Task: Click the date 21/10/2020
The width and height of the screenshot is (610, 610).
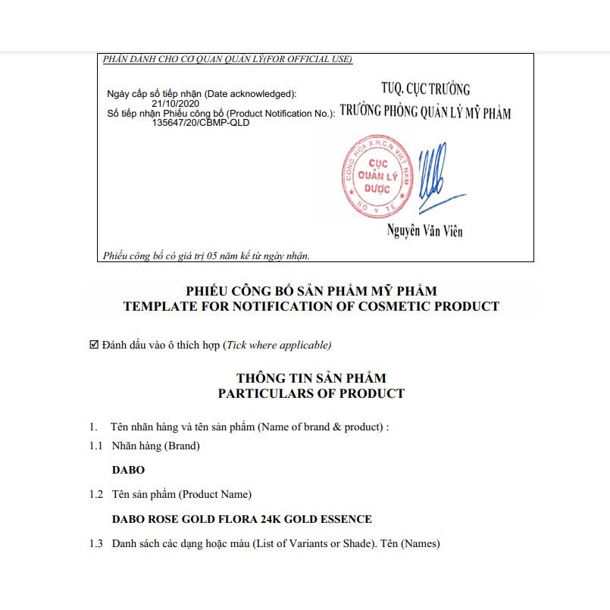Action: [176, 104]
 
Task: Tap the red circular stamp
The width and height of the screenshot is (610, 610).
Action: [377, 175]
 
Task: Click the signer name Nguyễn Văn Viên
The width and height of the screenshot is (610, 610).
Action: [424, 230]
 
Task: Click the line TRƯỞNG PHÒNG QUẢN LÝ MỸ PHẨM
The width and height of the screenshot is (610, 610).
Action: [425, 113]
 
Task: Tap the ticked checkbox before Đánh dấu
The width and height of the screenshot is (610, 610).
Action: [94, 345]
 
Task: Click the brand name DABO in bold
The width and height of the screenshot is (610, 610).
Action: [128, 471]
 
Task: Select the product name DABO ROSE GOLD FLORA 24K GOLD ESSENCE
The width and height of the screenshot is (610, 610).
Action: [242, 519]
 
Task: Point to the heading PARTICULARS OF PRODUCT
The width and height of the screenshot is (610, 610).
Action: [311, 394]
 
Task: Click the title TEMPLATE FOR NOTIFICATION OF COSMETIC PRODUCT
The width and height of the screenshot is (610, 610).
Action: [311, 307]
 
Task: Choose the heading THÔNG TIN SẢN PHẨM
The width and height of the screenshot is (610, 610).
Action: [311, 378]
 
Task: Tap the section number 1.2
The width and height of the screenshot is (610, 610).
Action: [95, 495]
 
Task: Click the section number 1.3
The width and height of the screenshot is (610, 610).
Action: [95, 543]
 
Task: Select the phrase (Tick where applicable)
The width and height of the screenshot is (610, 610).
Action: [277, 346]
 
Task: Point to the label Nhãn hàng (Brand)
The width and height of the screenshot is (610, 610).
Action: [155, 446]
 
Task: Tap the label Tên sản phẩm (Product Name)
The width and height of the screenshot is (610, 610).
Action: [181, 495]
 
